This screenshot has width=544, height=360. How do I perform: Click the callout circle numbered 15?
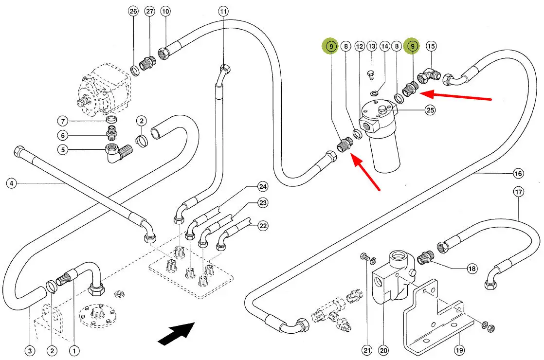tap(431, 46)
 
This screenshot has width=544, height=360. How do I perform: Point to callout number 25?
tap(430, 110)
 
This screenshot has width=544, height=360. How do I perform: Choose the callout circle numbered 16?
tap(518, 173)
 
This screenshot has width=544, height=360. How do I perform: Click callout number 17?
tap(518, 192)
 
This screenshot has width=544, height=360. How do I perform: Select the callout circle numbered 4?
tap(12, 183)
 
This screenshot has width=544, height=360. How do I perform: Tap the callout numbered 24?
tap(263, 187)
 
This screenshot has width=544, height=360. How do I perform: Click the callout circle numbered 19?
tap(459, 349)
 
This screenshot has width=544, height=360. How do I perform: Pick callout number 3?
tap(30, 349)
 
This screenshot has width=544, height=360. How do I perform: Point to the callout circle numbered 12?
tap(360, 46)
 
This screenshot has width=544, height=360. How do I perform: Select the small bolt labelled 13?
tap(371, 74)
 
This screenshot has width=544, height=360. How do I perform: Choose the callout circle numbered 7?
tap(63, 121)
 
